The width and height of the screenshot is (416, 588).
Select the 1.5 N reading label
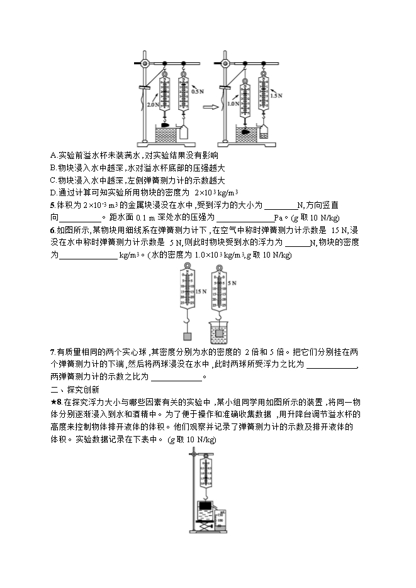[x=274, y=96]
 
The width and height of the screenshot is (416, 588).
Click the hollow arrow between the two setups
[x=212, y=107]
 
